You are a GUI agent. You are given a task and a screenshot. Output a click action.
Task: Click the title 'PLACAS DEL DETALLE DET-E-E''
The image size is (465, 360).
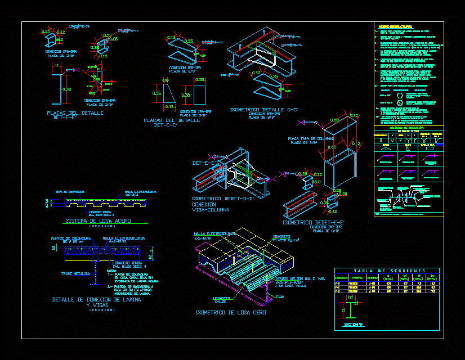click(x=75, y=115)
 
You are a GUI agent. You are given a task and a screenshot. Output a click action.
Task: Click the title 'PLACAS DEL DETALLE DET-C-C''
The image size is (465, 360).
click(x=173, y=123)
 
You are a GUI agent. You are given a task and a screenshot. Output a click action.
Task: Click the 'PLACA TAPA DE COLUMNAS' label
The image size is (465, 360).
click(x=311, y=138)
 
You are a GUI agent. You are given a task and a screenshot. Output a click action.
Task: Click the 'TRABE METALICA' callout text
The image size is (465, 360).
click(x=75, y=274)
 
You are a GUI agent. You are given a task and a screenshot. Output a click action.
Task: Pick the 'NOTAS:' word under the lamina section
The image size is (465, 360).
click(x=113, y=270)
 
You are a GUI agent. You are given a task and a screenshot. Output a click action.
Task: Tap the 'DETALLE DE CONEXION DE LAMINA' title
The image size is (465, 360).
click(x=96, y=300)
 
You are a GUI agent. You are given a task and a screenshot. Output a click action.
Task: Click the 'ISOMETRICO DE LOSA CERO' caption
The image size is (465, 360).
click(x=230, y=312)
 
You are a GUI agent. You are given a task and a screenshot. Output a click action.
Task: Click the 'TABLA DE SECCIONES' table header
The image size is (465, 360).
click(x=387, y=271)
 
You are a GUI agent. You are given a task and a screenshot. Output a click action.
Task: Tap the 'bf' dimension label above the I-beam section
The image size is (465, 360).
click(x=351, y=296)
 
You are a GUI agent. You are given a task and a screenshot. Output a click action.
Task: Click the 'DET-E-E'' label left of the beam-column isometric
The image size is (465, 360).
click(x=202, y=163)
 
